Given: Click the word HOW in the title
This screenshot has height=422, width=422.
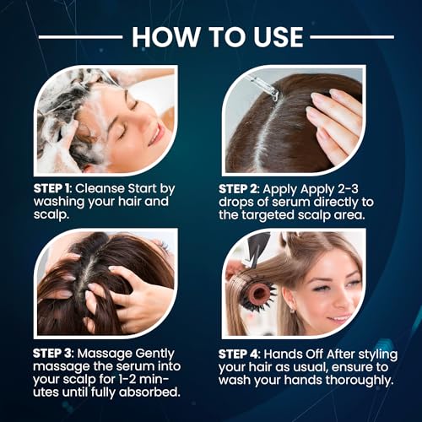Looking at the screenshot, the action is click(x=165, y=37).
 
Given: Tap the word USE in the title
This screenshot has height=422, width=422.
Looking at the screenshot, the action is click(x=279, y=37).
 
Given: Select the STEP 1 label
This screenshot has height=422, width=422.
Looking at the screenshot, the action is click(x=51, y=188).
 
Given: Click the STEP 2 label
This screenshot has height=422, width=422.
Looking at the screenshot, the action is click(x=237, y=189).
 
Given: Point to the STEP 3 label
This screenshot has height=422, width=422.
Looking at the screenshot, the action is click(x=51, y=354).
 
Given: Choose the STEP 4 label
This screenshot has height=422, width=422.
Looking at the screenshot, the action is click(x=238, y=354).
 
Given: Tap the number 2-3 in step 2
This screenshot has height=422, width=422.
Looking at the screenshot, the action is click(x=348, y=189).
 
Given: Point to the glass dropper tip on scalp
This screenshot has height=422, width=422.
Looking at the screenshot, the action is click(x=273, y=96).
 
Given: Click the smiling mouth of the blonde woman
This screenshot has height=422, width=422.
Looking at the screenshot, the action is click(x=339, y=318).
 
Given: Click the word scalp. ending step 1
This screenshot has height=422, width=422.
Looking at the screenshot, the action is click(x=51, y=215).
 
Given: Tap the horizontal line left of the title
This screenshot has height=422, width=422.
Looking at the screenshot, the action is click(x=80, y=37).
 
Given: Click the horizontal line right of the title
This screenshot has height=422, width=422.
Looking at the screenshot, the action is click(x=352, y=37).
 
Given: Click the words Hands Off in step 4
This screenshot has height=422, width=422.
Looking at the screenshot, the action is click(x=293, y=354).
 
